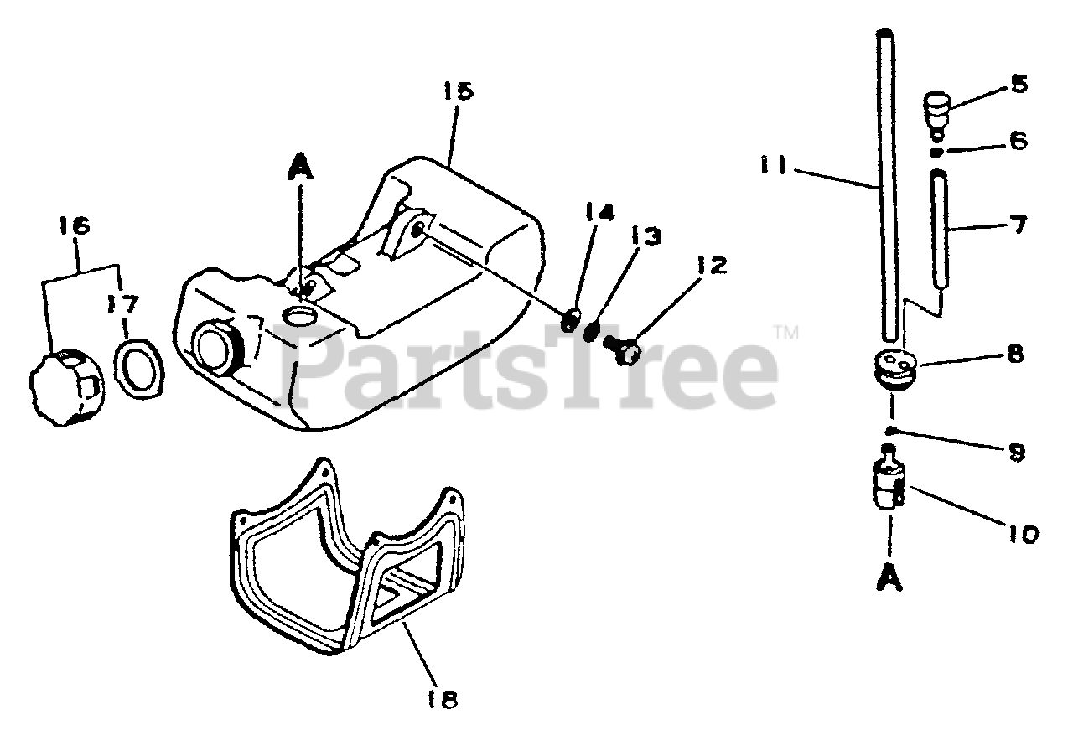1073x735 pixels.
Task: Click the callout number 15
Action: [458, 91]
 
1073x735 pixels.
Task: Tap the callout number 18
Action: [448, 699]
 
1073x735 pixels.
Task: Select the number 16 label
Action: [75, 226]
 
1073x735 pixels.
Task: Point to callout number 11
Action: [775, 165]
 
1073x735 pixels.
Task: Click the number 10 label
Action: [1019, 533]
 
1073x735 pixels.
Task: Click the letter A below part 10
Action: [891, 577]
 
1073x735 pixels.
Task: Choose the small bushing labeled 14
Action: [572, 318]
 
